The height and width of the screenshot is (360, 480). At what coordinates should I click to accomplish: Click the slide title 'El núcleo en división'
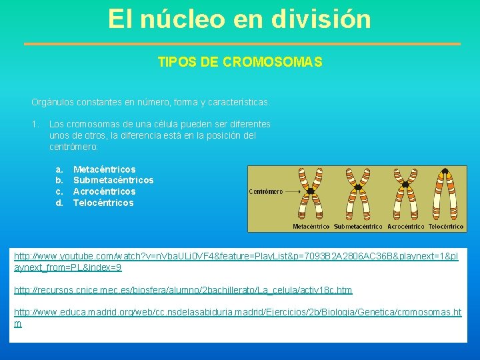click(x=239, y=19)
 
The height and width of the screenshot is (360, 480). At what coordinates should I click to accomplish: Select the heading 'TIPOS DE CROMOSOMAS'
click(x=240, y=63)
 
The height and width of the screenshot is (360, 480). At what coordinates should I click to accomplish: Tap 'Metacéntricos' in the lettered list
click(x=104, y=169)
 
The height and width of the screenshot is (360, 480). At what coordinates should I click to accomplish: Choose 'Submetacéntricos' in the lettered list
click(x=113, y=181)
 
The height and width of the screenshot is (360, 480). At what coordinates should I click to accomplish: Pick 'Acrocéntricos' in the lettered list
click(x=104, y=192)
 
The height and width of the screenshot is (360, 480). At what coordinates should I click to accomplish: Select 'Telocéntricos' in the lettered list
click(x=103, y=203)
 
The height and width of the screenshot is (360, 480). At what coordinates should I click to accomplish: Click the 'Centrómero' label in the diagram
click(x=265, y=191)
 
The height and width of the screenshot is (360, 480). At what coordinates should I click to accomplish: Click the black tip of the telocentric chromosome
click(x=447, y=171)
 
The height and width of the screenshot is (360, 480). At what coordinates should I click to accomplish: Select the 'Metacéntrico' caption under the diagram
click(x=311, y=227)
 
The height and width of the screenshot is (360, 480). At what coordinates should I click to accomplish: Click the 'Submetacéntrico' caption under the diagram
click(x=358, y=227)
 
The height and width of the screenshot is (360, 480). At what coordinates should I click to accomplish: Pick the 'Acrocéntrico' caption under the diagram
click(x=405, y=227)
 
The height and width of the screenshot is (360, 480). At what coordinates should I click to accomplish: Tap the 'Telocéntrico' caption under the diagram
click(x=445, y=227)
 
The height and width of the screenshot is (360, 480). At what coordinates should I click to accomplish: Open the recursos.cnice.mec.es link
click(x=183, y=290)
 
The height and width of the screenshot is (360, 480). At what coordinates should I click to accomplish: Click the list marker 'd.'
click(x=59, y=203)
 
